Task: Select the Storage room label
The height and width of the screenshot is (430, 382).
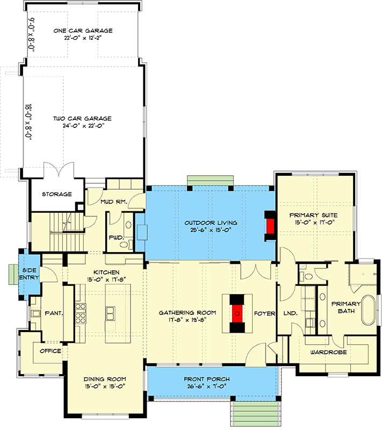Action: click(57, 194)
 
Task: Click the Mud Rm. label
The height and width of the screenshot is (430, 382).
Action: click(113, 203)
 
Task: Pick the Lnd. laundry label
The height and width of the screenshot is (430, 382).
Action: click(283, 313)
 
